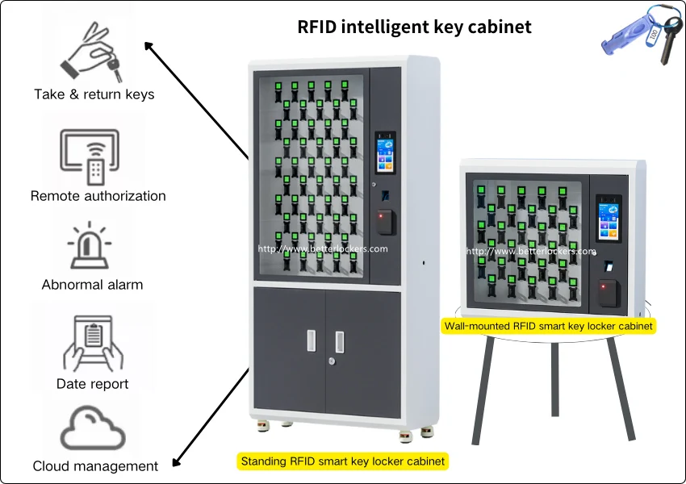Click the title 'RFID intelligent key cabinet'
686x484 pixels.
click(x=415, y=27)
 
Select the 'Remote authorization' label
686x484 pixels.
click(x=98, y=196)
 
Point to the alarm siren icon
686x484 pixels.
click(x=91, y=245)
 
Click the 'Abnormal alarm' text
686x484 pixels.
click(x=92, y=285)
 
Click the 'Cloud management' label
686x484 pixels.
click(x=95, y=466)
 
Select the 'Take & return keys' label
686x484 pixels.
click(x=94, y=94)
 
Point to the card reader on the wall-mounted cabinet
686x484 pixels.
click(x=609, y=288)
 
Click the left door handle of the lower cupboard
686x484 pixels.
click(x=312, y=341)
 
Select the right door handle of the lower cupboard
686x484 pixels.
click(x=340, y=341)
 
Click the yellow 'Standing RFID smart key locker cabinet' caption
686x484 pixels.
click(x=342, y=461)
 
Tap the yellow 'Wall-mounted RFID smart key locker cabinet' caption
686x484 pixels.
click(x=548, y=326)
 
